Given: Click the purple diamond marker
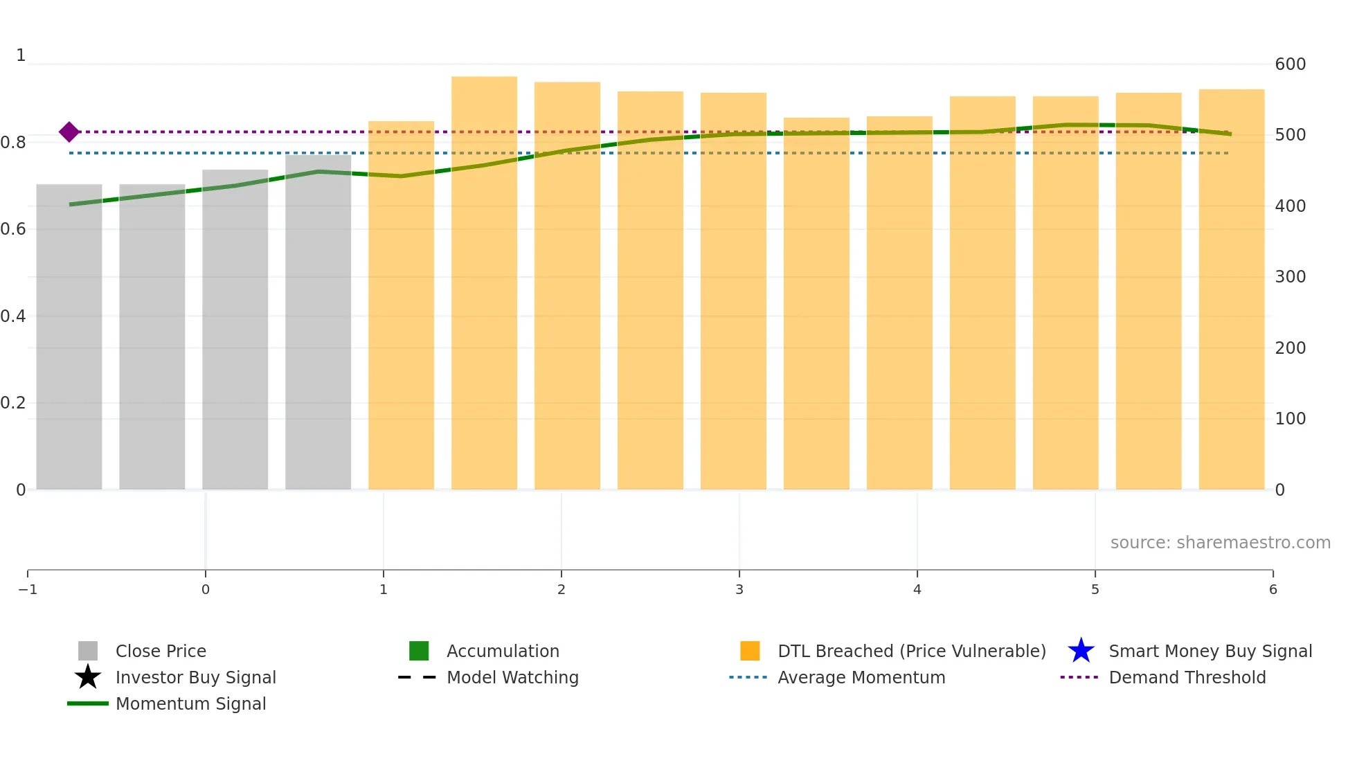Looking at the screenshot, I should click(69, 132).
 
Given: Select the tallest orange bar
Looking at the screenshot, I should click(484, 284).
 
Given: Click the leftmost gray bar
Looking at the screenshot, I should click(69, 336).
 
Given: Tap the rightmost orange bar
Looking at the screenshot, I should click(1231, 289).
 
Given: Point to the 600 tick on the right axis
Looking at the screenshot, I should click(1290, 64).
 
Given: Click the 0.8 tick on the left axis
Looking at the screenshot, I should click(14, 143).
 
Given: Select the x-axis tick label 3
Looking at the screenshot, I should click(739, 589).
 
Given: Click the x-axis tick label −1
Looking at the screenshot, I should click(28, 589).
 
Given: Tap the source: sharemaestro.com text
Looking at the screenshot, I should click(1220, 542).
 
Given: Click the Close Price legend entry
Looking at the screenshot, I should click(161, 651).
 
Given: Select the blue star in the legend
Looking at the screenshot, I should click(1081, 651).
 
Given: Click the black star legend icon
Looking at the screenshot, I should click(88, 677).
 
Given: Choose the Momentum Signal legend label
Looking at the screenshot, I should click(190, 703).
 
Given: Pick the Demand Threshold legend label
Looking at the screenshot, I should click(1187, 677).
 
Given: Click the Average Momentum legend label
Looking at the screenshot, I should click(861, 677).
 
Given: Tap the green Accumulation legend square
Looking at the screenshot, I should click(419, 651).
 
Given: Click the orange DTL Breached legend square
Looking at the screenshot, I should click(750, 651).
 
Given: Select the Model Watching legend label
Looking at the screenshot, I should click(512, 677).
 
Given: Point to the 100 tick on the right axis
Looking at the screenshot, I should click(1290, 419).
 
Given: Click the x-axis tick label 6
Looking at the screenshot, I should click(1273, 589).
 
